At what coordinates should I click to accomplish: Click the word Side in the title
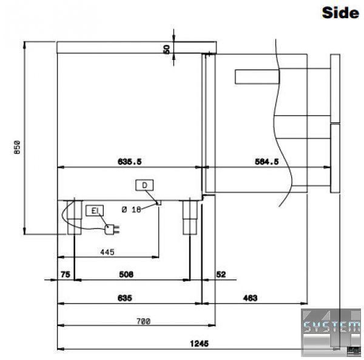(x=340, y=12)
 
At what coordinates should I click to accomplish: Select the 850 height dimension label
(x=17, y=147)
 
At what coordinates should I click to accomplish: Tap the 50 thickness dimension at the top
(x=167, y=50)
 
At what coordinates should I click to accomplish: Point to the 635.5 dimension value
(x=130, y=162)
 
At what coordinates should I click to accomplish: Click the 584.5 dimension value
(x=267, y=162)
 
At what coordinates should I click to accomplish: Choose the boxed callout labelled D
(x=144, y=185)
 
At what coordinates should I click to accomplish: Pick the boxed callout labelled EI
(x=95, y=211)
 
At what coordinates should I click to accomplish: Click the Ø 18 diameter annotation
(x=132, y=210)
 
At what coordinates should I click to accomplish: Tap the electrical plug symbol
(x=112, y=229)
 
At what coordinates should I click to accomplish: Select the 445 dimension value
(x=107, y=252)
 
